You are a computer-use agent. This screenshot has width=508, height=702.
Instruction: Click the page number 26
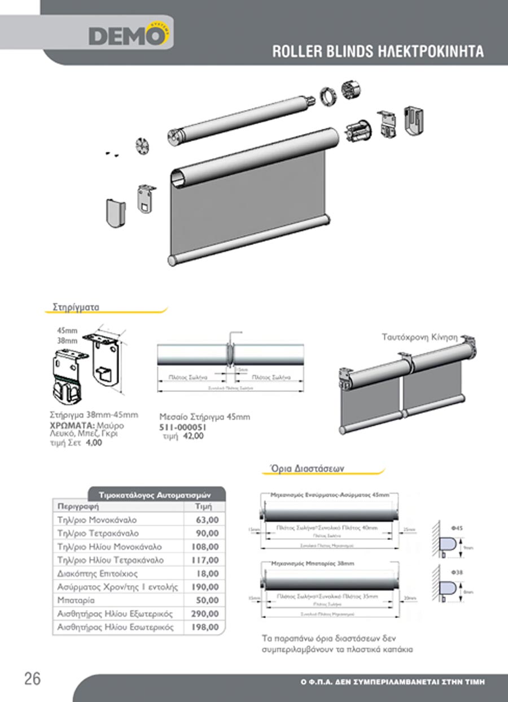(32, 678)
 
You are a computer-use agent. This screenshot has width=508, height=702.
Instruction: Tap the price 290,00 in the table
(205, 614)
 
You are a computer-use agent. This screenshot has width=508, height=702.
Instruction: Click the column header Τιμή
(203, 507)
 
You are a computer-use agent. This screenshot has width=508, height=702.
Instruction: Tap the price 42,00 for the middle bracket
(193, 436)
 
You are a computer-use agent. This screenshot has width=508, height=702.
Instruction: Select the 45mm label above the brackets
(67, 331)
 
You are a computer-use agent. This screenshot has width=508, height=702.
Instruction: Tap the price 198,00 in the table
(205, 627)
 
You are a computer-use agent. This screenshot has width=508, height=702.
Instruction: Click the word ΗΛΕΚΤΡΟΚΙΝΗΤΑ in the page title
(430, 51)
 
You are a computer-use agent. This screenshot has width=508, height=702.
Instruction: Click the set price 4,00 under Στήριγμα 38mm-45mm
(94, 444)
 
